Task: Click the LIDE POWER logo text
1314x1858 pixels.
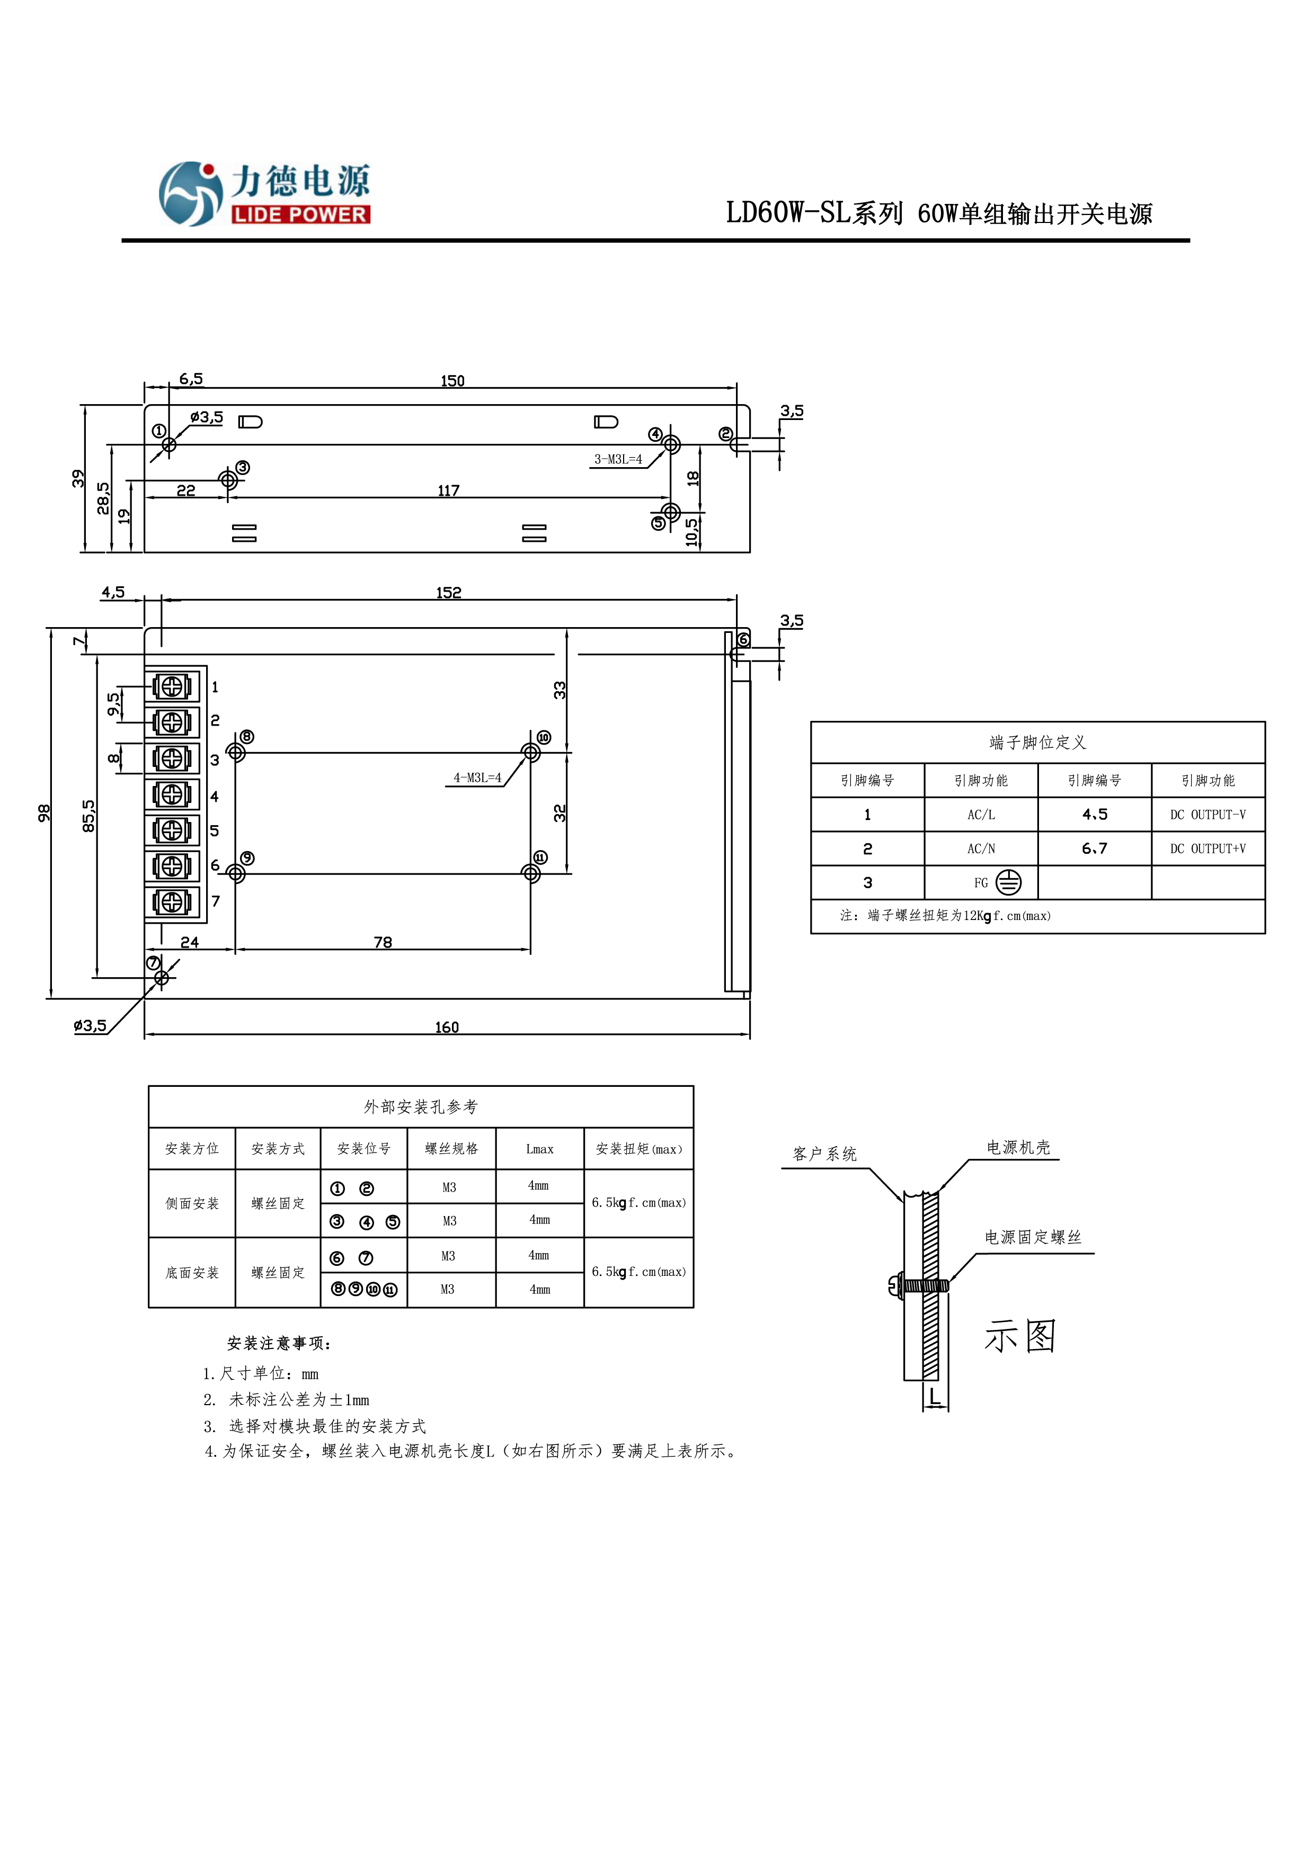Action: coord(300,215)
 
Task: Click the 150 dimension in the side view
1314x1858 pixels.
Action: coord(452,380)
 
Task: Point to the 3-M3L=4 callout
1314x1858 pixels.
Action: coord(618,459)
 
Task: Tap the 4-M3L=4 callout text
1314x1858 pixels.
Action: coord(477,778)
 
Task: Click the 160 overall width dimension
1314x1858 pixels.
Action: coord(446,1027)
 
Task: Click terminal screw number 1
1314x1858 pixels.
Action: coord(172,686)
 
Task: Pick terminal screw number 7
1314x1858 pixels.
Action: coord(172,901)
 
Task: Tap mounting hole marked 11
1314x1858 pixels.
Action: coord(530,873)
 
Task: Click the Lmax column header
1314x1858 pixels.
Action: coord(539,1149)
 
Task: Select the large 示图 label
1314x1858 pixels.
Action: coord(1020,1335)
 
